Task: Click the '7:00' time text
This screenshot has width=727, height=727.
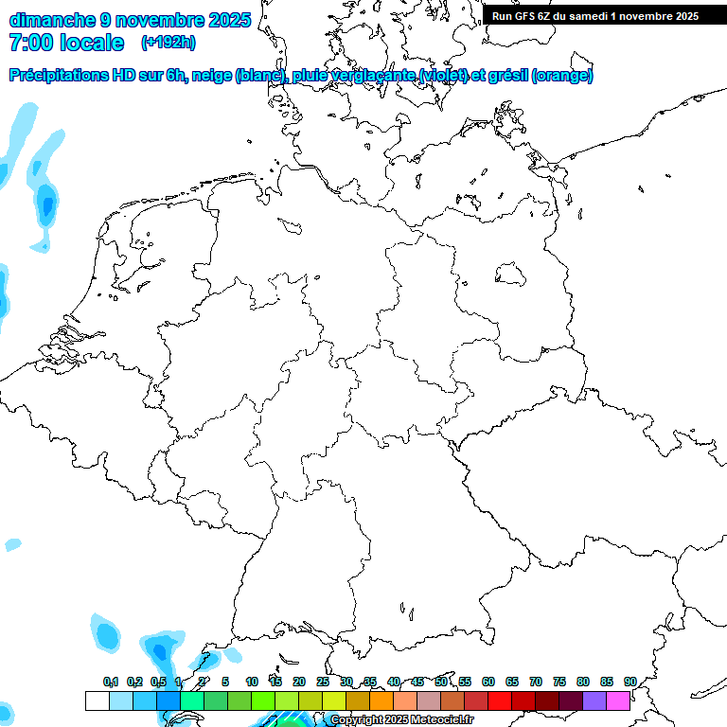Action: (x=28, y=43)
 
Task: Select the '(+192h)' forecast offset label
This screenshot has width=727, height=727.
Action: (x=168, y=43)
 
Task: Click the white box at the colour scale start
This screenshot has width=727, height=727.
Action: (x=97, y=700)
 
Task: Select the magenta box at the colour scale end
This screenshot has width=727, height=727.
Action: (x=618, y=700)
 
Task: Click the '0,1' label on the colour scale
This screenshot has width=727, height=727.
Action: (x=111, y=682)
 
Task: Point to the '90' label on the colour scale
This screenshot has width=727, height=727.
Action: (x=629, y=682)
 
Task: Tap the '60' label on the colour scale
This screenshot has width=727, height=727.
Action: (x=488, y=682)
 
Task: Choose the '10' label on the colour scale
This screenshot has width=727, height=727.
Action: (x=252, y=682)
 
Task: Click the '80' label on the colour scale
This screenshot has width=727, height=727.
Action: (x=583, y=682)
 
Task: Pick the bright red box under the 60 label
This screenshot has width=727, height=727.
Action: (x=500, y=700)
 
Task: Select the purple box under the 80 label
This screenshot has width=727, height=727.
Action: (x=594, y=700)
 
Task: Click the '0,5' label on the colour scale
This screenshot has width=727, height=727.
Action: (x=158, y=682)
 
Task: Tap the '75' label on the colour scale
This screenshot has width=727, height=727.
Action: (x=559, y=682)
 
